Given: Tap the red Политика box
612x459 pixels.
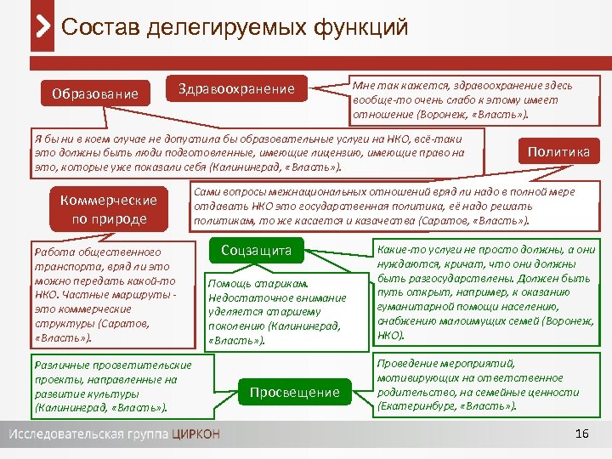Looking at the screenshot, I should point(558,151).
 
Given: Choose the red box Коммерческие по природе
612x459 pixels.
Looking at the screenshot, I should point(109,209).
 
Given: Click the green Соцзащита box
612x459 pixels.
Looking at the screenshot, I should point(256,251).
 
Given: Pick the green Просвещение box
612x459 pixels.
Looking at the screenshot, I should point(294,392).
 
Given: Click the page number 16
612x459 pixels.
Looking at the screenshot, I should point(581,434).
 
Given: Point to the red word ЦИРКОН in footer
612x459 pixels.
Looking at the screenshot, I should point(195,434).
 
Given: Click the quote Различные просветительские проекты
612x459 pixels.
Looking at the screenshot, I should point(111,387).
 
